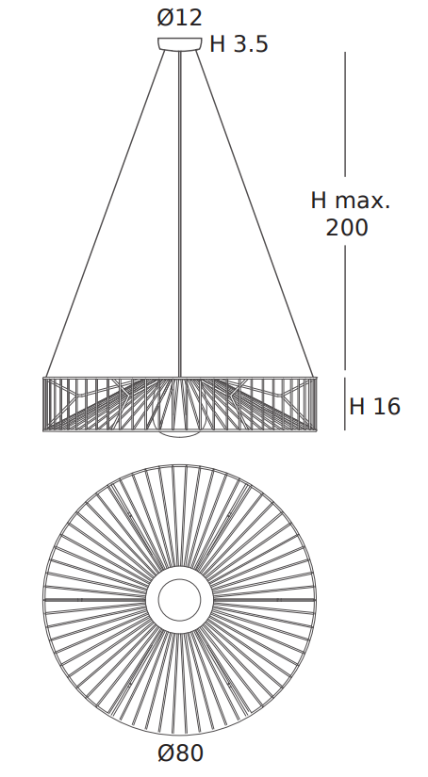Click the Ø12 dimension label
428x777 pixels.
tap(179, 18)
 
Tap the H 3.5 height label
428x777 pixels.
tap(239, 44)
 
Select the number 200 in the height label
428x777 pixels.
tap(347, 228)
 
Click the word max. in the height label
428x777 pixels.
tap(363, 201)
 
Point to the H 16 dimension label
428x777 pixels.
tap(374, 406)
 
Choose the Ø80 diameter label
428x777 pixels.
tap(180, 753)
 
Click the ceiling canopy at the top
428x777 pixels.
tap(179, 44)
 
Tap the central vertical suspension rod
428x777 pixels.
tap(179, 214)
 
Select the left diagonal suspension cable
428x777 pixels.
tap(106, 214)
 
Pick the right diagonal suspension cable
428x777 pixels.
tap(255, 214)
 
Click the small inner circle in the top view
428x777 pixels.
tap(179, 600)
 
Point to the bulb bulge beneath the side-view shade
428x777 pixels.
tap(179, 434)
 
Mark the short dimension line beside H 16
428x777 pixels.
tap(345, 404)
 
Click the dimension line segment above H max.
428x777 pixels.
tap(345, 114)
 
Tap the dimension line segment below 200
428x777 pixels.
tap(345, 307)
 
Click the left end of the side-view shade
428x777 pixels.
tap(43, 404)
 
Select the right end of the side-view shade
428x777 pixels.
tap(316, 404)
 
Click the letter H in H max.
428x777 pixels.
tap(319, 201)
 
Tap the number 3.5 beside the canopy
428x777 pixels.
tap(251, 44)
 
